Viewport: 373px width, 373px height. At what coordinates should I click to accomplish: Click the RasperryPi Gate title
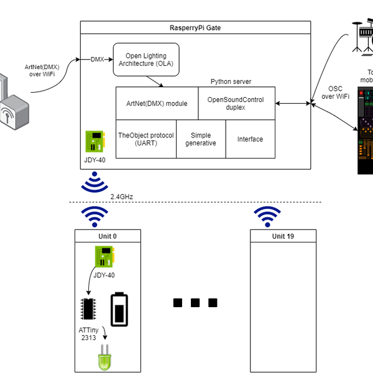coord(195,28)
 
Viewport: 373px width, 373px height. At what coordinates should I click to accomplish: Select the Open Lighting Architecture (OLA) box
coord(145,60)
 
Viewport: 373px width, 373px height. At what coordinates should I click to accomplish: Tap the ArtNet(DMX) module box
coord(157,103)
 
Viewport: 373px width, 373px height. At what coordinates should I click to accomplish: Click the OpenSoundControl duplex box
coord(236,103)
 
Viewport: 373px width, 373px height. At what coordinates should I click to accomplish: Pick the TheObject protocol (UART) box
coord(146,139)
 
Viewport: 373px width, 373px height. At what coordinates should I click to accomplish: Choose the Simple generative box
coord(201,139)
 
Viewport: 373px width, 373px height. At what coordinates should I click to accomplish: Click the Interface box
coord(250,139)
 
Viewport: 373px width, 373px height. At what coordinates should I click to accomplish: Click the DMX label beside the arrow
coord(98,60)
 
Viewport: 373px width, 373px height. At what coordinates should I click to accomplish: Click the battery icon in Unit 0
coord(119,310)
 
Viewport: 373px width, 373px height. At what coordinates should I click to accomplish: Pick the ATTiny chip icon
coord(88,308)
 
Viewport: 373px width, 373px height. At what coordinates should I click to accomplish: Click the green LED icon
coord(104,359)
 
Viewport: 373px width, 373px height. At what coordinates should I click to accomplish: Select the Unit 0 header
coord(108,236)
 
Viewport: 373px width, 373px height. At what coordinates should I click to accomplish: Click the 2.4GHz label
coord(122,196)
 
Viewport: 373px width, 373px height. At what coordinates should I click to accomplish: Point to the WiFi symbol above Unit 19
coord(268,215)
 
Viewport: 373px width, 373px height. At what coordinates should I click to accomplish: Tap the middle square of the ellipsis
coord(195,303)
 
